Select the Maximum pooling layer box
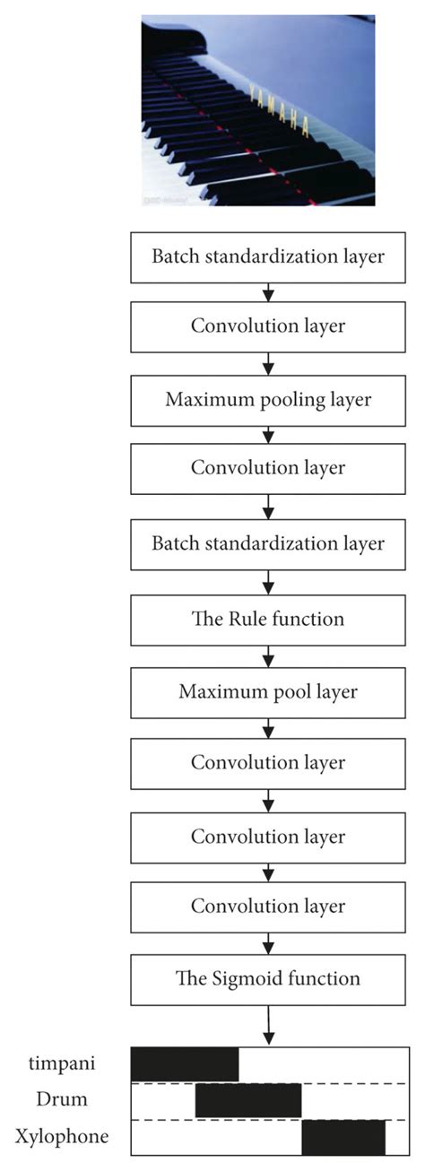point(269,400)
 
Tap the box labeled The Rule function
point(269,619)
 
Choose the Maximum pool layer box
point(269,691)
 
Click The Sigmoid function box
point(269,979)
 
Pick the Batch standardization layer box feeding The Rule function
point(269,544)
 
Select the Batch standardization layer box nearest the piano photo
point(269,256)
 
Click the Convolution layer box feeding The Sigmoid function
point(269,906)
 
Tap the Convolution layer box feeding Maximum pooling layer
point(269,325)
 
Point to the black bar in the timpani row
point(185,1063)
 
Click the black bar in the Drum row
point(248,1100)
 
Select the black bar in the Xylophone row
point(343,1137)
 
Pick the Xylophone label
point(62,1137)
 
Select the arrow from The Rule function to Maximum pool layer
point(269,655)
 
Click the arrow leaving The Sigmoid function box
point(269,1024)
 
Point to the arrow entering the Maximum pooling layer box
point(269,363)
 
